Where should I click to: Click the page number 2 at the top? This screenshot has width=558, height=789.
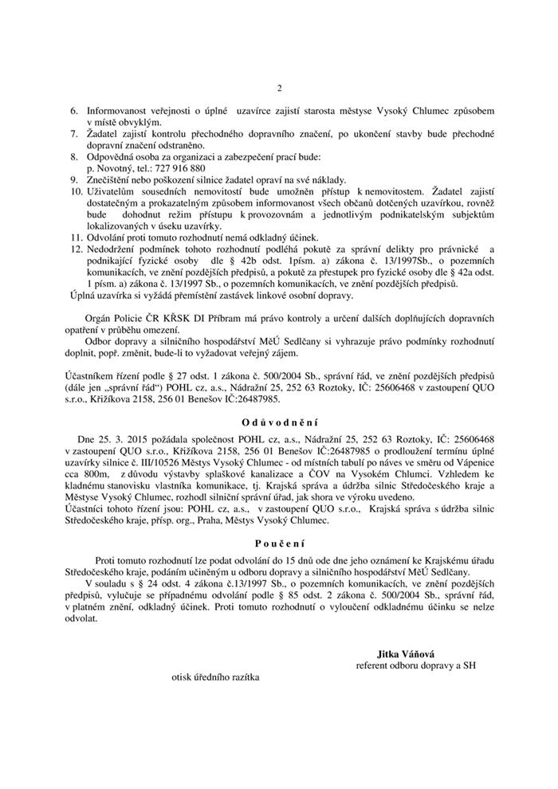click(x=279, y=88)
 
